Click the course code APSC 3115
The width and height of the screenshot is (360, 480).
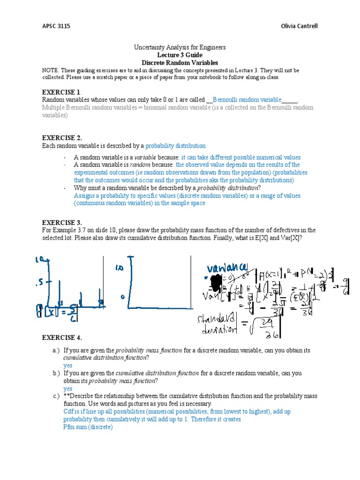pyautogui.click(x=52, y=26)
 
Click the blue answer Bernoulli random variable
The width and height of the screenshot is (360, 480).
pyautogui.click(x=247, y=100)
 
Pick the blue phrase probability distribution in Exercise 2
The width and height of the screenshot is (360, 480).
pyautogui.click(x=176, y=146)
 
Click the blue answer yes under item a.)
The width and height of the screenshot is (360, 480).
pyautogui.click(x=68, y=365)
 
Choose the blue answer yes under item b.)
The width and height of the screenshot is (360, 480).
pyautogui.click(x=68, y=389)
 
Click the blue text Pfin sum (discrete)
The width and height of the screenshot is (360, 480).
pyautogui.click(x=88, y=427)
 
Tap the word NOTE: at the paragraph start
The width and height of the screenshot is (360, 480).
pyautogui.click(x=50, y=70)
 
